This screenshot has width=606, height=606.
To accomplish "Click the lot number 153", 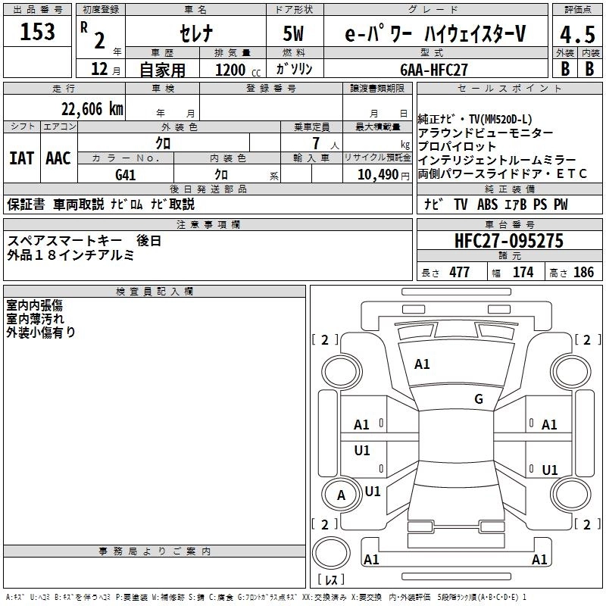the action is (38, 33).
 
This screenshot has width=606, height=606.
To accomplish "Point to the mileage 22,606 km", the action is (89, 108).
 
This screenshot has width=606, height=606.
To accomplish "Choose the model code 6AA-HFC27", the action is (434, 70).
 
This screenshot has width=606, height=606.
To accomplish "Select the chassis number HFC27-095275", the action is (508, 241).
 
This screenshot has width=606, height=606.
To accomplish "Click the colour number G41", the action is (126, 174).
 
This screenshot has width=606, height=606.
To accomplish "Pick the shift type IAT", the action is (21, 158).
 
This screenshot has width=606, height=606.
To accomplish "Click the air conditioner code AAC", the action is (58, 158).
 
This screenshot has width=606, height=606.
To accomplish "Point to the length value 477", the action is (459, 272).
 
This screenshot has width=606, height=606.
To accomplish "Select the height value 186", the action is (583, 272).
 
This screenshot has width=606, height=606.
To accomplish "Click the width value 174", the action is (523, 272).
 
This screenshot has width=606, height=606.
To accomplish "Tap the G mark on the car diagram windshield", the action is (478, 398).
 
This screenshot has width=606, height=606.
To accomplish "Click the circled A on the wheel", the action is (341, 495).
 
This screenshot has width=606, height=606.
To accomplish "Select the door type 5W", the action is (295, 34).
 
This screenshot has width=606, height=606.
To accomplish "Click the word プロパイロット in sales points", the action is (457, 146).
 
